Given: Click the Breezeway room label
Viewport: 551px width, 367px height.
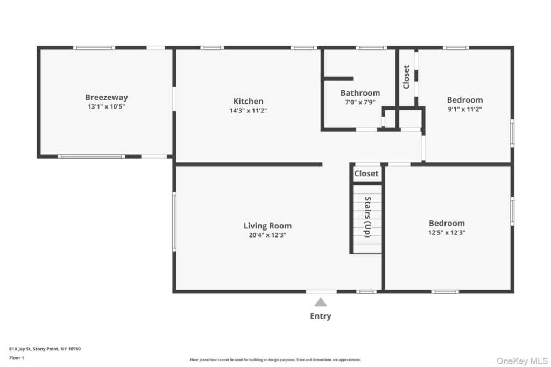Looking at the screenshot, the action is click(107, 98).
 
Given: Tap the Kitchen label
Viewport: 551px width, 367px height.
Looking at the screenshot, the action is click(248, 101).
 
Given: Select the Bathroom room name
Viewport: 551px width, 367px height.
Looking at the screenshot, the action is click(360, 93).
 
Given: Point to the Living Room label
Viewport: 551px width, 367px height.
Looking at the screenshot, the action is click(267, 226).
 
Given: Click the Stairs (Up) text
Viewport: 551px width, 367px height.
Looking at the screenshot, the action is click(368, 217).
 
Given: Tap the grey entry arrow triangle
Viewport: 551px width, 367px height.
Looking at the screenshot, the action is click(321, 302).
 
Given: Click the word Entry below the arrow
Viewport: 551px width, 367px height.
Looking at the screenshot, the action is click(321, 316).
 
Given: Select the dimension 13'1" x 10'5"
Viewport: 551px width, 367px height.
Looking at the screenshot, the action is click(107, 107).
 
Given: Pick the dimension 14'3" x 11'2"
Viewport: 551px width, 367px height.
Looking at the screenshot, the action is click(248, 111).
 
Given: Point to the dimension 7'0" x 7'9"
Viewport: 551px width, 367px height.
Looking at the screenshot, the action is click(360, 102).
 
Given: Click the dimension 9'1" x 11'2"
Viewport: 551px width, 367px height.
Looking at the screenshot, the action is click(464, 109).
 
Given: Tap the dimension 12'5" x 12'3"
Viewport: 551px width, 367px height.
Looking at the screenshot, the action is click(447, 232).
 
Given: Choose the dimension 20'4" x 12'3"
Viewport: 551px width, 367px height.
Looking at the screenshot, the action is click(267, 235).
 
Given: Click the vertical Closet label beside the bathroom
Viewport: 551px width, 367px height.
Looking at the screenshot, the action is click(406, 77).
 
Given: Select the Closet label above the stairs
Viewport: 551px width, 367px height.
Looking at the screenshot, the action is click(366, 174).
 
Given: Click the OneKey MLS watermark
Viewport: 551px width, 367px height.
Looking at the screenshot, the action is click(522, 361).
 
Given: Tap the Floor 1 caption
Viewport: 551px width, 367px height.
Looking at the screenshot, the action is click(17, 358).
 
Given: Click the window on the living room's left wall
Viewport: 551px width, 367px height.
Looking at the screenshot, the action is click(174, 222).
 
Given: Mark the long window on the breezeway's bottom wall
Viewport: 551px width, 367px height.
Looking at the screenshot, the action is click(91, 156).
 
